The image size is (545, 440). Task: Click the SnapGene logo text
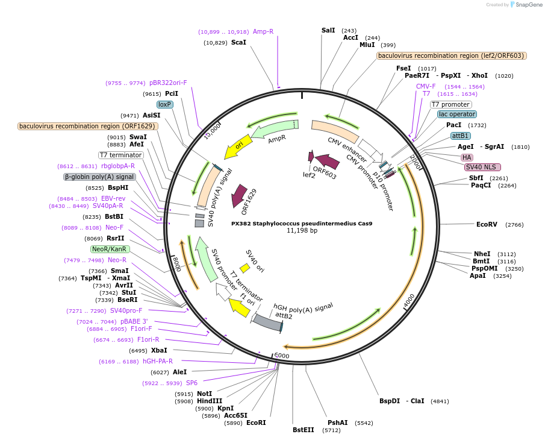coord(526,5)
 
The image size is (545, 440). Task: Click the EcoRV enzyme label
coord(487,224)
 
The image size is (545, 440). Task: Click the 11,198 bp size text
coord(302,231)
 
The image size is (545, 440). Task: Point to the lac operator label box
coord(456,114)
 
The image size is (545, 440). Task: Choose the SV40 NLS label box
coord(482,167)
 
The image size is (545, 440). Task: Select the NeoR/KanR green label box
coord(110,249)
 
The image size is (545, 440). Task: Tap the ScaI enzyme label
coord(238,43)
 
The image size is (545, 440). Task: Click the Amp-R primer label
coord(263,31)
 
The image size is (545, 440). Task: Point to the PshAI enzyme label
coord(337,423)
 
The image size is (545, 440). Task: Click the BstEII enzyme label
coord(303,430)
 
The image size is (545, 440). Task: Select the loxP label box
coord(165,104)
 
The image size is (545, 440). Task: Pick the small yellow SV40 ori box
coord(244,267)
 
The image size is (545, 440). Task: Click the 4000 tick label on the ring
coord(410,300)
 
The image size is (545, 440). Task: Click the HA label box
coord(467,157)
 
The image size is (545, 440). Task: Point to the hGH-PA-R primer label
coord(158,362)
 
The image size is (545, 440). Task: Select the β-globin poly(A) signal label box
coord(99,177)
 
